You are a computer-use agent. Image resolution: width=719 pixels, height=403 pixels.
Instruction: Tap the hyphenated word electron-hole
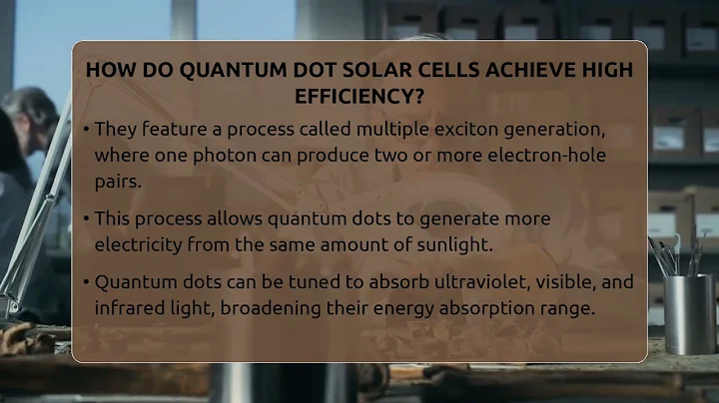(x=553, y=157)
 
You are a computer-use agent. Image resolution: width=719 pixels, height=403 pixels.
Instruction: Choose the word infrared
(x=128, y=307)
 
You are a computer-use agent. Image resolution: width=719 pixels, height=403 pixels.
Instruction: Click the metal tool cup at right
(x=689, y=314)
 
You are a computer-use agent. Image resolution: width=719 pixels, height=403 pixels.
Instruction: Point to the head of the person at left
(x=30, y=115)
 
